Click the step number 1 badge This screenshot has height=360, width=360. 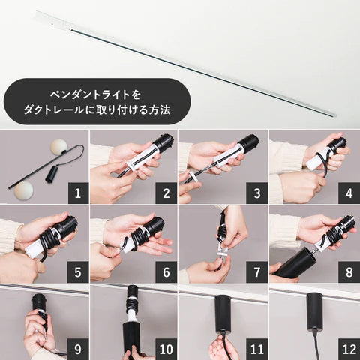pyautogui.click(x=78, y=193)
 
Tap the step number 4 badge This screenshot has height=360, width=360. pyautogui.click(x=349, y=193)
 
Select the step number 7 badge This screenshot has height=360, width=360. pyautogui.click(x=257, y=272)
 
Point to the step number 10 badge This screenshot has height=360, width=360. pyautogui.click(x=166, y=349)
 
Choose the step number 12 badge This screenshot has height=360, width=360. pyautogui.click(x=349, y=349)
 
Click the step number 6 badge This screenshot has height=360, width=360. pyautogui.click(x=166, y=272)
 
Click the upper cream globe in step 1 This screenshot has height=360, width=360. pyautogui.click(x=59, y=146)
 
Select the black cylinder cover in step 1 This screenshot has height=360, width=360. pyautogui.click(x=50, y=173)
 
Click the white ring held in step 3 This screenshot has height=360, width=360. pyautogui.click(x=193, y=178)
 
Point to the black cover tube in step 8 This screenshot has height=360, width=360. pyautogui.click(x=292, y=263)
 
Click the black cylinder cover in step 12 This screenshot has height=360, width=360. pyautogui.click(x=315, y=310)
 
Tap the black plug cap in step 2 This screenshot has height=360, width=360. pyautogui.click(x=163, y=142)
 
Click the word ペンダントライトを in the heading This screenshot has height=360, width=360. pyautogui.click(x=95, y=95)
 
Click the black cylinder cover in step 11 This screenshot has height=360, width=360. pyautogui.click(x=223, y=313)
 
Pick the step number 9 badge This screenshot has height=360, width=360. pyautogui.click(x=78, y=349)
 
